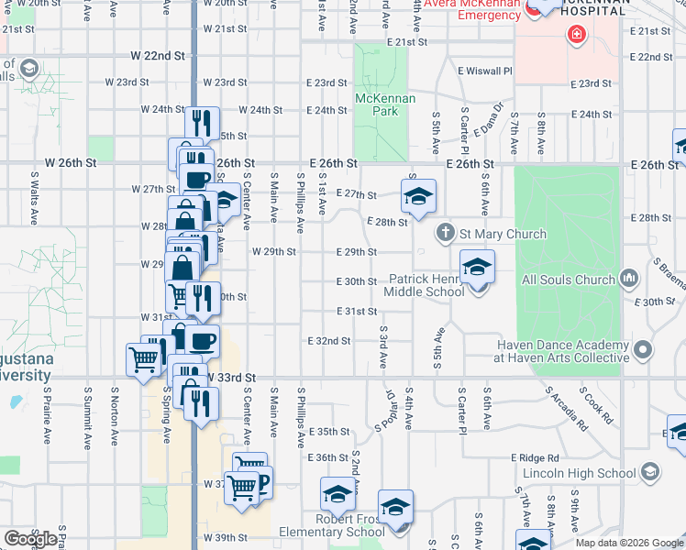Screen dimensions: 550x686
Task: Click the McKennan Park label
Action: [385, 104]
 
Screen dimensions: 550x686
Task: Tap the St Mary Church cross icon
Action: [445, 233]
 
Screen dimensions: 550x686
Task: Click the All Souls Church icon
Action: [629, 278]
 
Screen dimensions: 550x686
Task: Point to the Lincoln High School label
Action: [580, 474]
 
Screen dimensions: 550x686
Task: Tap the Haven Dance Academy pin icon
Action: [643, 348]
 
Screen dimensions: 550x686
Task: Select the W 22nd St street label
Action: [158, 56]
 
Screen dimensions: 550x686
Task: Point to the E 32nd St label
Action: [331, 341]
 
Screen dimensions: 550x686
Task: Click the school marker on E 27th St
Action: [418, 195]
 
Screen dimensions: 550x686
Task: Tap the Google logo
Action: [29, 538]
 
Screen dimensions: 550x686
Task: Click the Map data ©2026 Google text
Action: [628, 543]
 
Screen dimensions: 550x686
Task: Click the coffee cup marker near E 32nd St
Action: [203, 341]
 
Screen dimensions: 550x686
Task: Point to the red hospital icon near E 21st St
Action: [575, 36]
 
